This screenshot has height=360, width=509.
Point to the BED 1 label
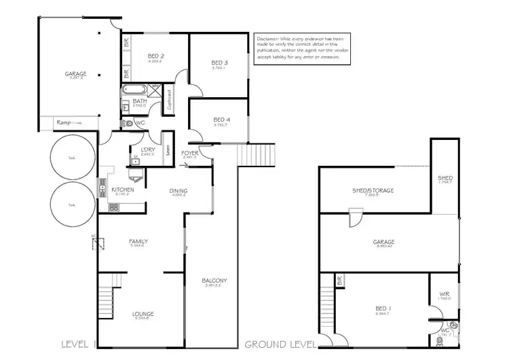[x=383, y=308]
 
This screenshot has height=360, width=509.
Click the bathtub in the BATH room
[x=136, y=90]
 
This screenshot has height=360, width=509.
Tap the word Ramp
[x=64, y=122]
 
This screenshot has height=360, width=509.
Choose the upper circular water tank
[x=71, y=157]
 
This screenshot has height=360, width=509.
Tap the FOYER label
[x=190, y=154]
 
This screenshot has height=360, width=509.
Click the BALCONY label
[x=214, y=281]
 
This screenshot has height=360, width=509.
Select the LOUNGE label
[x=143, y=313]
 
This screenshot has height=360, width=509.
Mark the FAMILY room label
[x=138, y=241]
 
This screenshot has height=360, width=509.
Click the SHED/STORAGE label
[x=373, y=190]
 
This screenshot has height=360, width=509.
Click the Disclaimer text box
[x=303, y=48]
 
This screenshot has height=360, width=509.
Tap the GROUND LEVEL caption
[x=279, y=343]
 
